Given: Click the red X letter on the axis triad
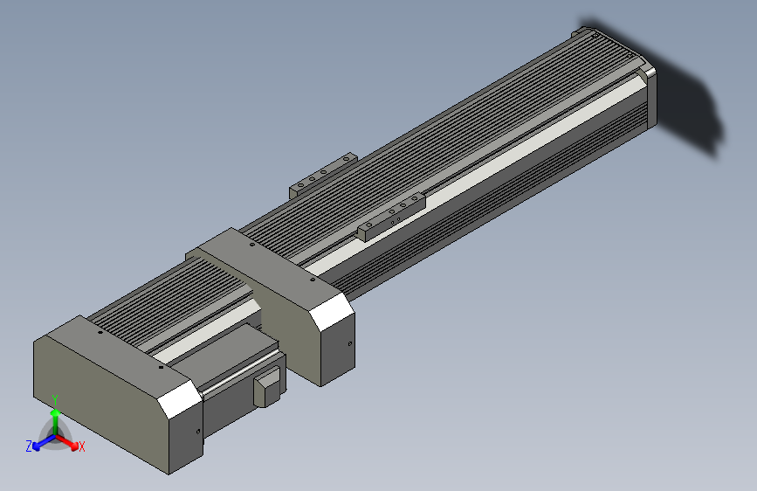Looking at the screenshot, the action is pyautogui.click(x=82, y=446).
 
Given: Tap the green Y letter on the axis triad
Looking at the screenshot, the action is pyautogui.click(x=55, y=399).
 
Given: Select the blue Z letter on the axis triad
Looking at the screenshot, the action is pyautogui.click(x=29, y=446).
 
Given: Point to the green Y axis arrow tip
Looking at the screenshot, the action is pyautogui.click(x=56, y=412).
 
